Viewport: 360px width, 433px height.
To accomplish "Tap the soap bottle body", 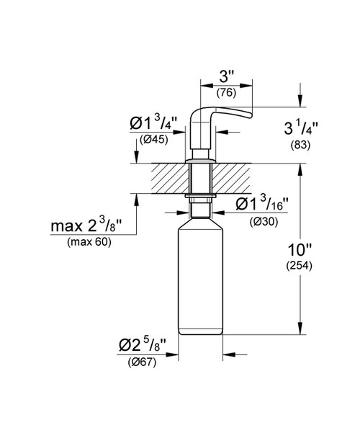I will [x=201, y=281].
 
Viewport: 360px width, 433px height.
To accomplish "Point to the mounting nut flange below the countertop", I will [x=201, y=197].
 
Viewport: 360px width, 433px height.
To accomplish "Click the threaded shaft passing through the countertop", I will [x=201, y=179].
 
